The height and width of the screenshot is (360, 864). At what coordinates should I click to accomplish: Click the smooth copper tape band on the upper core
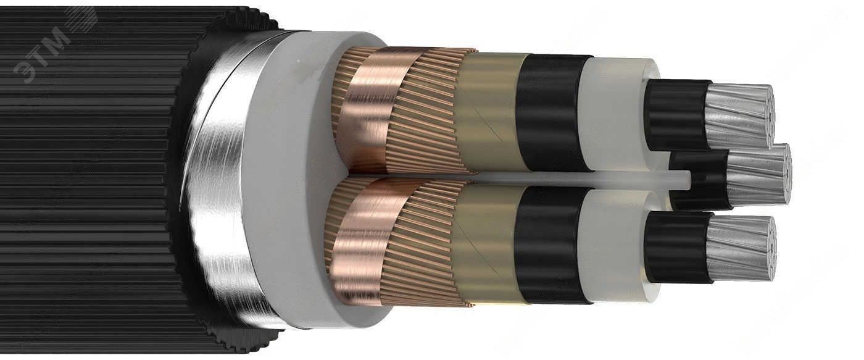[372, 112]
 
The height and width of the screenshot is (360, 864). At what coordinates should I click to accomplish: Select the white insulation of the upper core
[613, 115]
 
